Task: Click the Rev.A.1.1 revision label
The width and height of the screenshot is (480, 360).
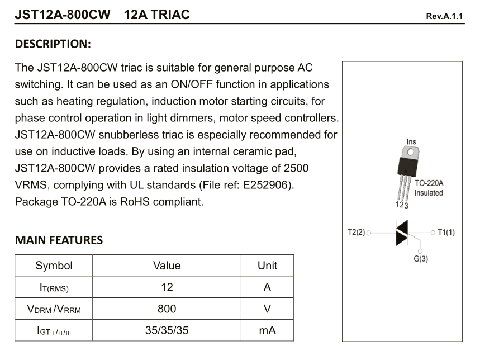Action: (444, 16)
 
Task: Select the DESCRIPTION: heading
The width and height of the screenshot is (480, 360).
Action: (53, 44)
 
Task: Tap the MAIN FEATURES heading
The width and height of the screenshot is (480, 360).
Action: (59, 240)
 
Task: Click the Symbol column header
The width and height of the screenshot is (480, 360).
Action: (54, 266)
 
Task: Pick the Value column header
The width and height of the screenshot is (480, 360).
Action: (167, 266)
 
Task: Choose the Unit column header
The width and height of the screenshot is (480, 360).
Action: (267, 266)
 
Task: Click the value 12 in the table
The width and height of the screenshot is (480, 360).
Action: (167, 287)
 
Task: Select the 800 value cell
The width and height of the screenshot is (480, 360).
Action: (167, 309)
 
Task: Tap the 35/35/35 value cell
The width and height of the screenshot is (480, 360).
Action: (167, 330)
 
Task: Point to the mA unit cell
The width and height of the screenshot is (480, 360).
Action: (267, 330)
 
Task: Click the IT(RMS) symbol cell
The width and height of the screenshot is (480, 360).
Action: (54, 288)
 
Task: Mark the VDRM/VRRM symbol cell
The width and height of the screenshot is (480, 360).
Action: (54, 309)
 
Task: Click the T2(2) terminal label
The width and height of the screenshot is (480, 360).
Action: (356, 232)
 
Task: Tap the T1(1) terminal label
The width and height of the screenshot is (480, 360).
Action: (446, 232)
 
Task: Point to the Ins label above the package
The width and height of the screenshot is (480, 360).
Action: (411, 142)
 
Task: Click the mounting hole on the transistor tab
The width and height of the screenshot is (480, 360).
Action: (411, 152)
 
